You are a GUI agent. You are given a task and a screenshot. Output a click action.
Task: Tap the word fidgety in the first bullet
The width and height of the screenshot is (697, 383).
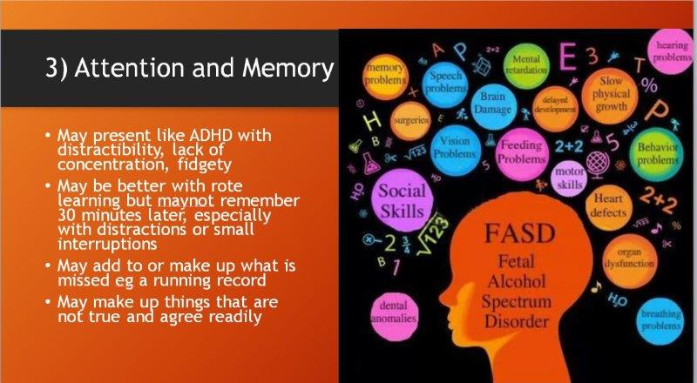click(x=205, y=165)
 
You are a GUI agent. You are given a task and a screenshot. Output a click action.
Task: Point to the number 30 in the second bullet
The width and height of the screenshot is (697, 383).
click(x=66, y=215)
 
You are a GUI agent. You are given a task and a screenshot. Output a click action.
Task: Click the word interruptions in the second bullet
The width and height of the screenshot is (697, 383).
click(x=107, y=244)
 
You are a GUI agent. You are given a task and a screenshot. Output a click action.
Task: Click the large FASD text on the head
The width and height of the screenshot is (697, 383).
click(x=519, y=233)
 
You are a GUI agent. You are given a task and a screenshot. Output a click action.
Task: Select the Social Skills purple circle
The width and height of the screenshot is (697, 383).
click(x=403, y=200)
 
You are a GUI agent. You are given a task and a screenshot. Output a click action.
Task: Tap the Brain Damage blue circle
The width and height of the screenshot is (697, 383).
click(x=493, y=103)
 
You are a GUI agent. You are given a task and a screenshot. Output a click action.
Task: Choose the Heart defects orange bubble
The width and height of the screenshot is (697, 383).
click(x=608, y=205)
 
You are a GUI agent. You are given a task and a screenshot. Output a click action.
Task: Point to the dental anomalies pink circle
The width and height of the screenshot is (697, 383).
click(x=394, y=312)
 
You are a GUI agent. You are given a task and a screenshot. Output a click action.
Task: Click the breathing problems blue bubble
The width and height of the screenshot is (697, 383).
click(x=660, y=320)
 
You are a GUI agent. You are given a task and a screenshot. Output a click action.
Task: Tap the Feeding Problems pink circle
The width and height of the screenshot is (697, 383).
click(x=521, y=152)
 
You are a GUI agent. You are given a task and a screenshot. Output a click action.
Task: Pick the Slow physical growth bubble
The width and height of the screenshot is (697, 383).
click(x=611, y=94)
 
